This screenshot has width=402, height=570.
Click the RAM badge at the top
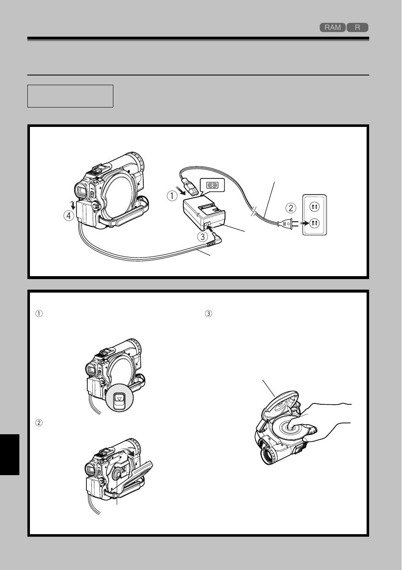pyautogui.click(x=332, y=27)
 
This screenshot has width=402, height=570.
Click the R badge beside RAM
pyautogui.click(x=357, y=27)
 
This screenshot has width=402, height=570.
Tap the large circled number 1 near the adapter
pyautogui.click(x=172, y=196)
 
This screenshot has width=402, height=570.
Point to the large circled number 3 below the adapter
pyautogui.click(x=203, y=237)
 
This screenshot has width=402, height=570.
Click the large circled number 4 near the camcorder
pyautogui.click(x=69, y=216)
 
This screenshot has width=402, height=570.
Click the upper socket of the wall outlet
pyautogui.click(x=315, y=207)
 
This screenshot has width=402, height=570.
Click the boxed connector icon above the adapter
pyautogui.click(x=213, y=185)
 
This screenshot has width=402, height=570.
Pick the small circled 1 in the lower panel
pyautogui.click(x=39, y=314)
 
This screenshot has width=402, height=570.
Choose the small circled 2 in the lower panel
pyautogui.click(x=39, y=423)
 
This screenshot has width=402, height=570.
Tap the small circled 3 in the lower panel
pyautogui.click(x=208, y=314)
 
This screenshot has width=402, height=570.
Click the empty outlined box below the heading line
pyautogui.click(x=70, y=96)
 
